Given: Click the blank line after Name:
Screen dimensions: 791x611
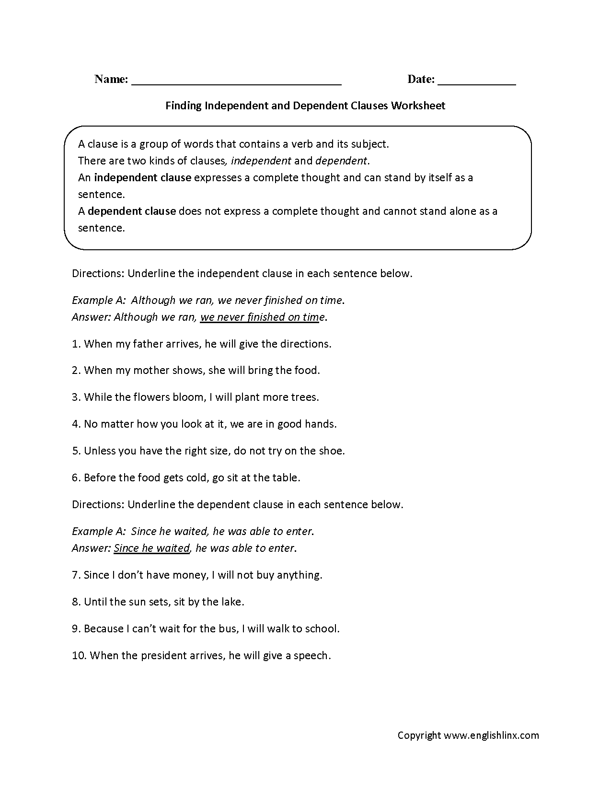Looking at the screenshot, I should (x=236, y=81).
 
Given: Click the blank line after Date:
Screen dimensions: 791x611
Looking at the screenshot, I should (x=476, y=81).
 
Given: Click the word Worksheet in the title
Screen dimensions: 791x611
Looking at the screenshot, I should (x=418, y=105).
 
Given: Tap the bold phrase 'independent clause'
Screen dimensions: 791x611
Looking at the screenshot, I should (x=142, y=177).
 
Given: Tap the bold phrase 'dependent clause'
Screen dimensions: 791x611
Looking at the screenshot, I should (x=132, y=211).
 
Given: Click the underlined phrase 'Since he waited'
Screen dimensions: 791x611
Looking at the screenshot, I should (x=151, y=548).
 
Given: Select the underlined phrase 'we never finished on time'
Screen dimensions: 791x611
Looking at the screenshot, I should (x=260, y=317).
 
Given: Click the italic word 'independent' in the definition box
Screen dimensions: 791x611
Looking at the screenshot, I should (x=261, y=161).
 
